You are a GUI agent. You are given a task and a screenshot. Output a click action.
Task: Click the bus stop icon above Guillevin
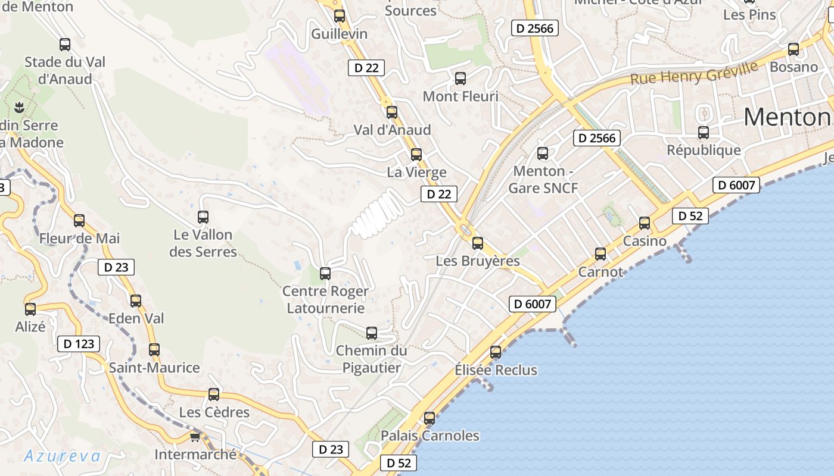pos(340,16)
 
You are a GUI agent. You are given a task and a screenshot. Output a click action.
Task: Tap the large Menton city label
pos(786,117)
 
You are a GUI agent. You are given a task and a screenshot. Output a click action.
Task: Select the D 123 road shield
pos(78,344)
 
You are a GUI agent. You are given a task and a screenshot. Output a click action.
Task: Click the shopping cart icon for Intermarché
pos(195,437)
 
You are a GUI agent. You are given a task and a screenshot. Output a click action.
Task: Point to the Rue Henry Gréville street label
pos(694,72)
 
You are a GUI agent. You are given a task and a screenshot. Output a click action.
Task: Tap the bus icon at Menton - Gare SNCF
pos(543,154)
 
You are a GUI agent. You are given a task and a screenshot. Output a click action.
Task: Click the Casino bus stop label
pos(645,241)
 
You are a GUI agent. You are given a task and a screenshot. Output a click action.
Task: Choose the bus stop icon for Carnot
pos(600,254)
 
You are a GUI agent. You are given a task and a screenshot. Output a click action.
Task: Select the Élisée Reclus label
pos(496,370)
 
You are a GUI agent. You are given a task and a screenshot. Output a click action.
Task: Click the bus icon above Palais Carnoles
pos(430,418)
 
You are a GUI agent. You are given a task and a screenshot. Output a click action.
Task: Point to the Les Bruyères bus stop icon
pos(478,243)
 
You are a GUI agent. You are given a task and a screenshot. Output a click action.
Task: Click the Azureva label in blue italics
pos(62,456)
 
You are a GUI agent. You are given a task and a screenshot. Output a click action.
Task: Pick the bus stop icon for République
pos(704,133)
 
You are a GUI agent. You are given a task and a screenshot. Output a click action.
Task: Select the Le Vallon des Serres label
pos(203,243)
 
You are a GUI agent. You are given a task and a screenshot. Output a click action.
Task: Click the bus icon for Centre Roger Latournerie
pos(325,274)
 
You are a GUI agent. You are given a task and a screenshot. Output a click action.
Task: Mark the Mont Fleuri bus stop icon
pos(460,79)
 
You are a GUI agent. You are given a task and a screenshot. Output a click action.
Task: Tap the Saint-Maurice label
pos(154,368)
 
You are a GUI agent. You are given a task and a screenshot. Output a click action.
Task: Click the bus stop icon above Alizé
pos(30,309)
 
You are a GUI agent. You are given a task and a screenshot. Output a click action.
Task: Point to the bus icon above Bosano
pos(793,49)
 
